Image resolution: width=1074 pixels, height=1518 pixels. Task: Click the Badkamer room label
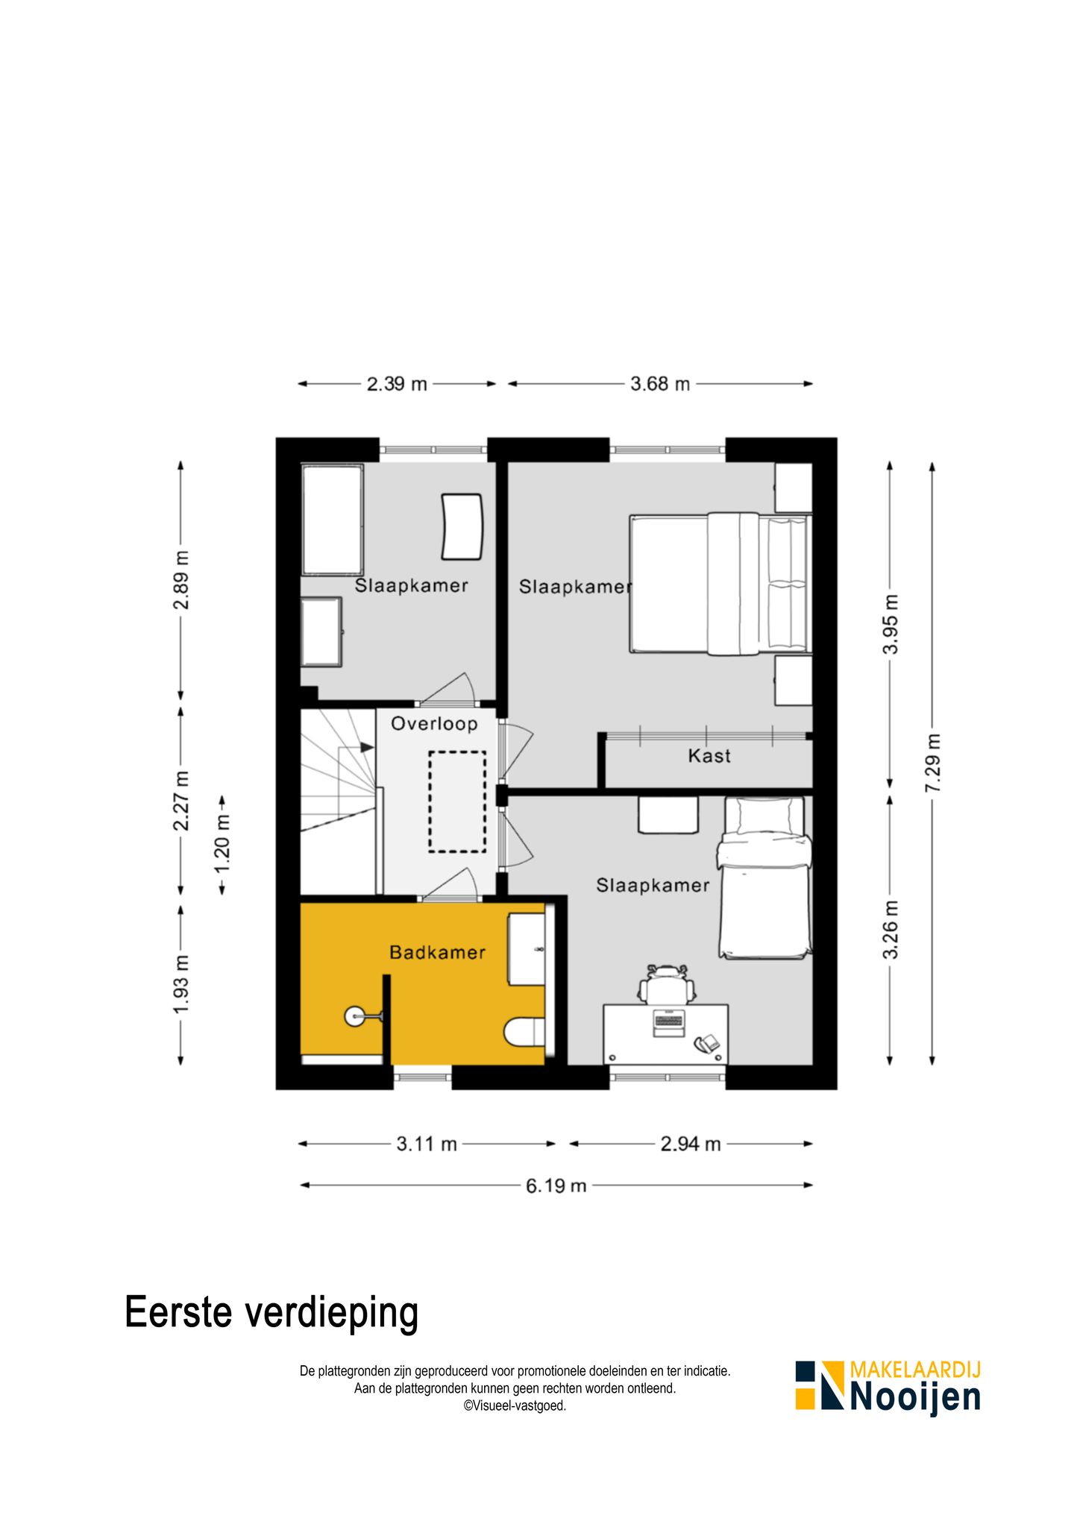tap(437, 952)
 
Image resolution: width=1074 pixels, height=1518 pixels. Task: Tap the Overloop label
tap(434, 724)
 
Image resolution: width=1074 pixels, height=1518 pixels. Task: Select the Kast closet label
tap(709, 756)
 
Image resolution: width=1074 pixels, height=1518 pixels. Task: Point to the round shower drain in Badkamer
tap(354, 1015)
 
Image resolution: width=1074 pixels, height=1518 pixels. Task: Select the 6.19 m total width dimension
tap(556, 1185)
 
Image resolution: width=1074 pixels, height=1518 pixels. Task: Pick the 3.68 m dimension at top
tap(660, 384)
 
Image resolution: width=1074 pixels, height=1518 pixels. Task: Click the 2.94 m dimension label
tap(691, 1144)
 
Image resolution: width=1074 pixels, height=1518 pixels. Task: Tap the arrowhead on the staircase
tap(367, 746)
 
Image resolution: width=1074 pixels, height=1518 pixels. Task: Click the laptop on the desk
tap(668, 1022)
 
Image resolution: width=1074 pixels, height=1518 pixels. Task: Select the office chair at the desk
tap(667, 983)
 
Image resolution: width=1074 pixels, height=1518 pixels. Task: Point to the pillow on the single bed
tap(770, 816)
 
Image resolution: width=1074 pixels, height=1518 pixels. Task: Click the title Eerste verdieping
tap(271, 1312)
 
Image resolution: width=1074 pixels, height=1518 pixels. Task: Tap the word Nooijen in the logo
tap(915, 1397)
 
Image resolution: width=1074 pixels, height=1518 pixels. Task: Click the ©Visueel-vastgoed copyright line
tap(515, 1406)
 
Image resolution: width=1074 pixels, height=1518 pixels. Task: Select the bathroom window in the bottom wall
tap(422, 1077)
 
